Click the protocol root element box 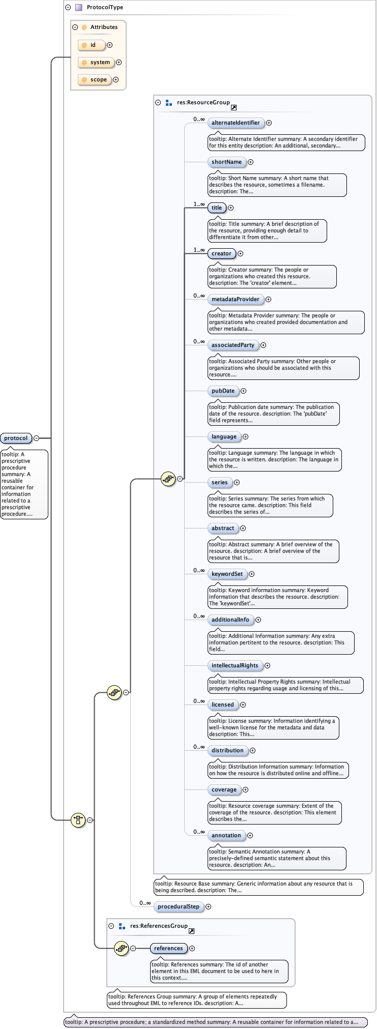(x=16, y=438)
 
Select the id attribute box (x=92, y=45)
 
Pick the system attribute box (x=96, y=63)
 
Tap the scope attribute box (x=95, y=80)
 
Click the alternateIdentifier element (x=236, y=123)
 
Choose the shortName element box (x=226, y=162)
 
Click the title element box (x=217, y=208)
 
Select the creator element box (x=221, y=253)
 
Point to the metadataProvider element (x=236, y=299)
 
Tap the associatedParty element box (x=233, y=345)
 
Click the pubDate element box (x=223, y=391)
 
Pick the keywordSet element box (x=227, y=574)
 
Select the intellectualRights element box (x=235, y=665)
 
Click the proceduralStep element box (x=178, y=906)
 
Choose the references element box (x=168, y=948)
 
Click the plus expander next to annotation (x=250, y=835)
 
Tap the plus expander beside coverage (x=246, y=789)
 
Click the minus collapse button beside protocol (x=36, y=438)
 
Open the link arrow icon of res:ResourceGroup (x=234, y=107)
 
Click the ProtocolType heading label (x=105, y=8)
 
